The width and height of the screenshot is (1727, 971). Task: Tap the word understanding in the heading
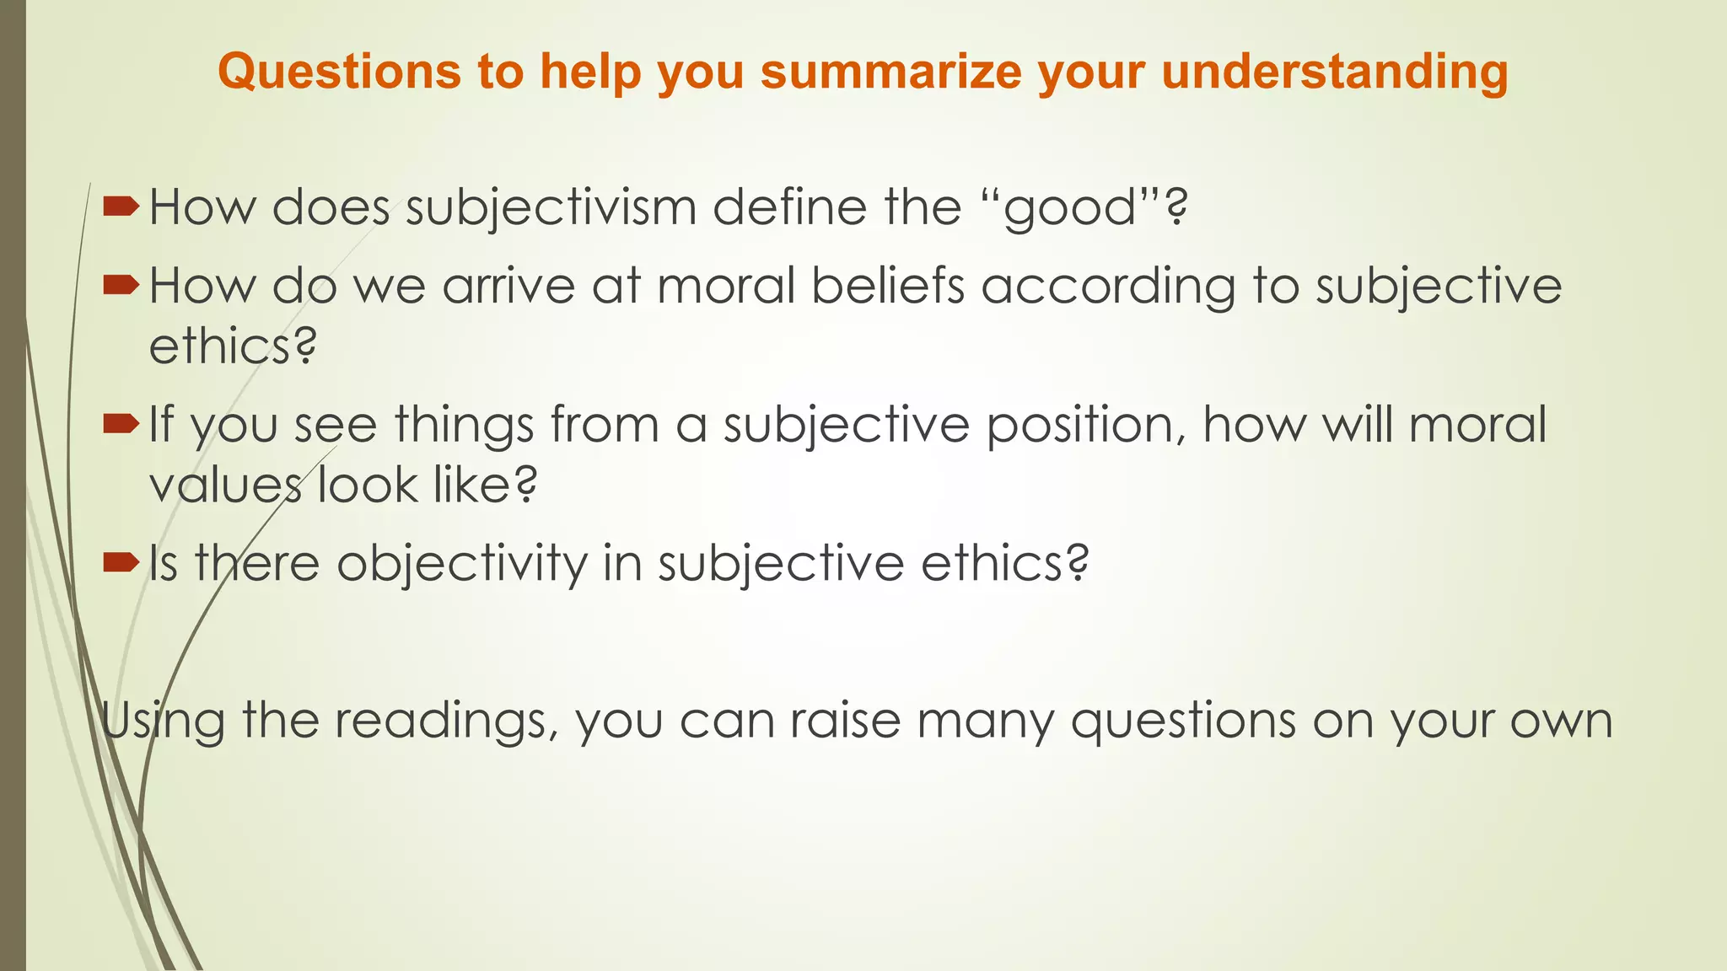pos(1334,72)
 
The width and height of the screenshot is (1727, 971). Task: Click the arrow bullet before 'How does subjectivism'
pos(121,206)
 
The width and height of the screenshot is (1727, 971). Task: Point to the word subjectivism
pos(551,207)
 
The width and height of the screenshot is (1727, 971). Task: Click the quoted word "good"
pos(1072,207)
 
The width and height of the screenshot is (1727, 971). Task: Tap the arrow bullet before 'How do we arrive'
pos(121,286)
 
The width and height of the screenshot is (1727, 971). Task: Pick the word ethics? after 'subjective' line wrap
pos(233,346)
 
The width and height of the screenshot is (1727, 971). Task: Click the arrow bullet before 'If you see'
pos(121,423)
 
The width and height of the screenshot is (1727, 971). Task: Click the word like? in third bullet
pos(485,485)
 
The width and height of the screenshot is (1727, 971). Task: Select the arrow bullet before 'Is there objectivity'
pos(121,561)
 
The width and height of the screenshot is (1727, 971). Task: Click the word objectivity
pos(462,563)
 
